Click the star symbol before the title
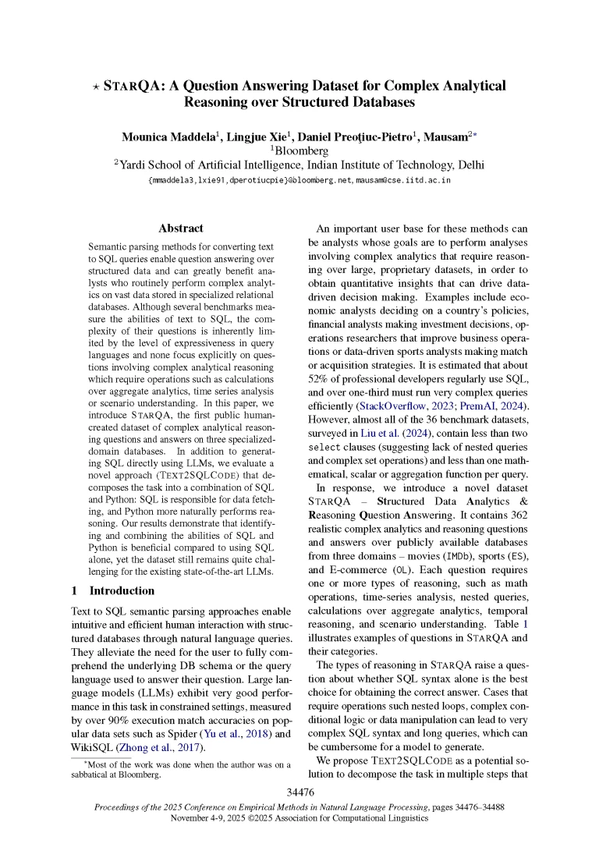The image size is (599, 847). point(95,87)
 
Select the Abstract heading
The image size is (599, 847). point(180,229)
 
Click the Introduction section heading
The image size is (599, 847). point(122,590)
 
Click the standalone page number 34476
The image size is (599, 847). point(299,792)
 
